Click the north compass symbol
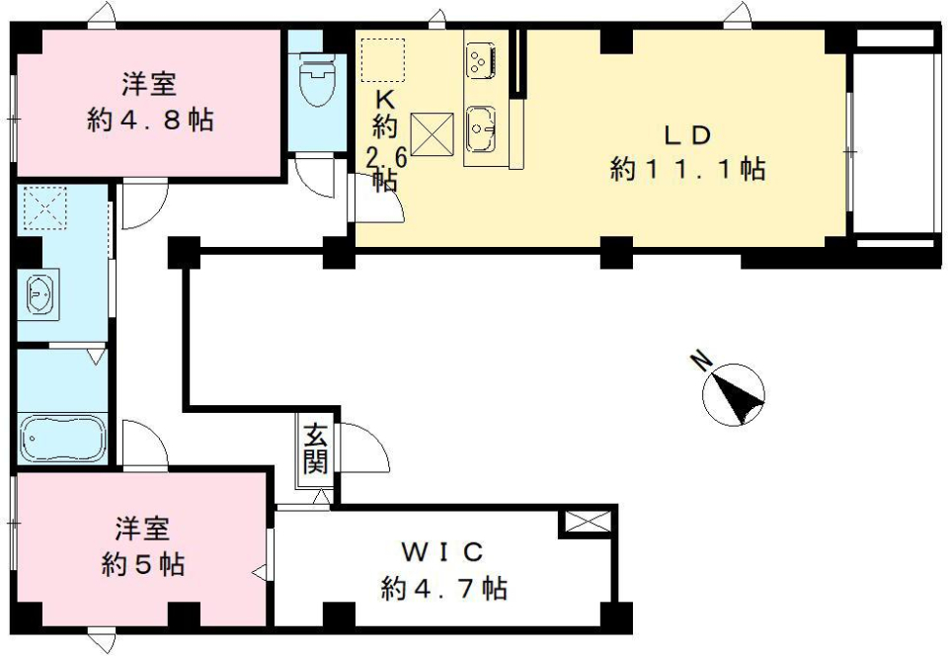pyautogui.click(x=733, y=393)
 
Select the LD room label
pyautogui.click(x=687, y=134)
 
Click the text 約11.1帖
pyautogui.click(x=687, y=169)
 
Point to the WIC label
pyautogui.click(x=443, y=550)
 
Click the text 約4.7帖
pyautogui.click(x=444, y=589)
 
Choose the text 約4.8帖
pyautogui.click(x=150, y=121)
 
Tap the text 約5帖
pyautogui.click(x=144, y=564)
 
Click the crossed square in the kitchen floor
pyautogui.click(x=432, y=134)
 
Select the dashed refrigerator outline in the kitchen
pyautogui.click(x=383, y=59)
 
